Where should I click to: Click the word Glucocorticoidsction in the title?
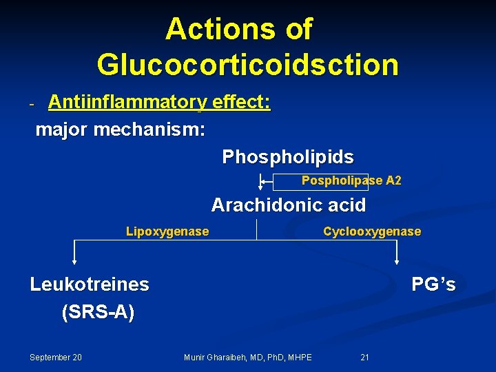point(247,65)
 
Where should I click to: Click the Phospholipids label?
point(288,157)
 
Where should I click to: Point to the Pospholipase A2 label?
point(351,180)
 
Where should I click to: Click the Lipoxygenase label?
point(167,231)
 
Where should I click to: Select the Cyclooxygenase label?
point(372,231)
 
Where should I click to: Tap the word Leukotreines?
point(90,284)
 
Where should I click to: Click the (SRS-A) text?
point(98,312)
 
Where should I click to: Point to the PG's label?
point(433,284)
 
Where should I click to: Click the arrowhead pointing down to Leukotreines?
point(74,260)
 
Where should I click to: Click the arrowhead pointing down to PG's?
point(397,260)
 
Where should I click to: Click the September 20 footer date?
point(56,357)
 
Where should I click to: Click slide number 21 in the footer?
point(365,357)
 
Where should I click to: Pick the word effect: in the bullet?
point(241,103)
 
